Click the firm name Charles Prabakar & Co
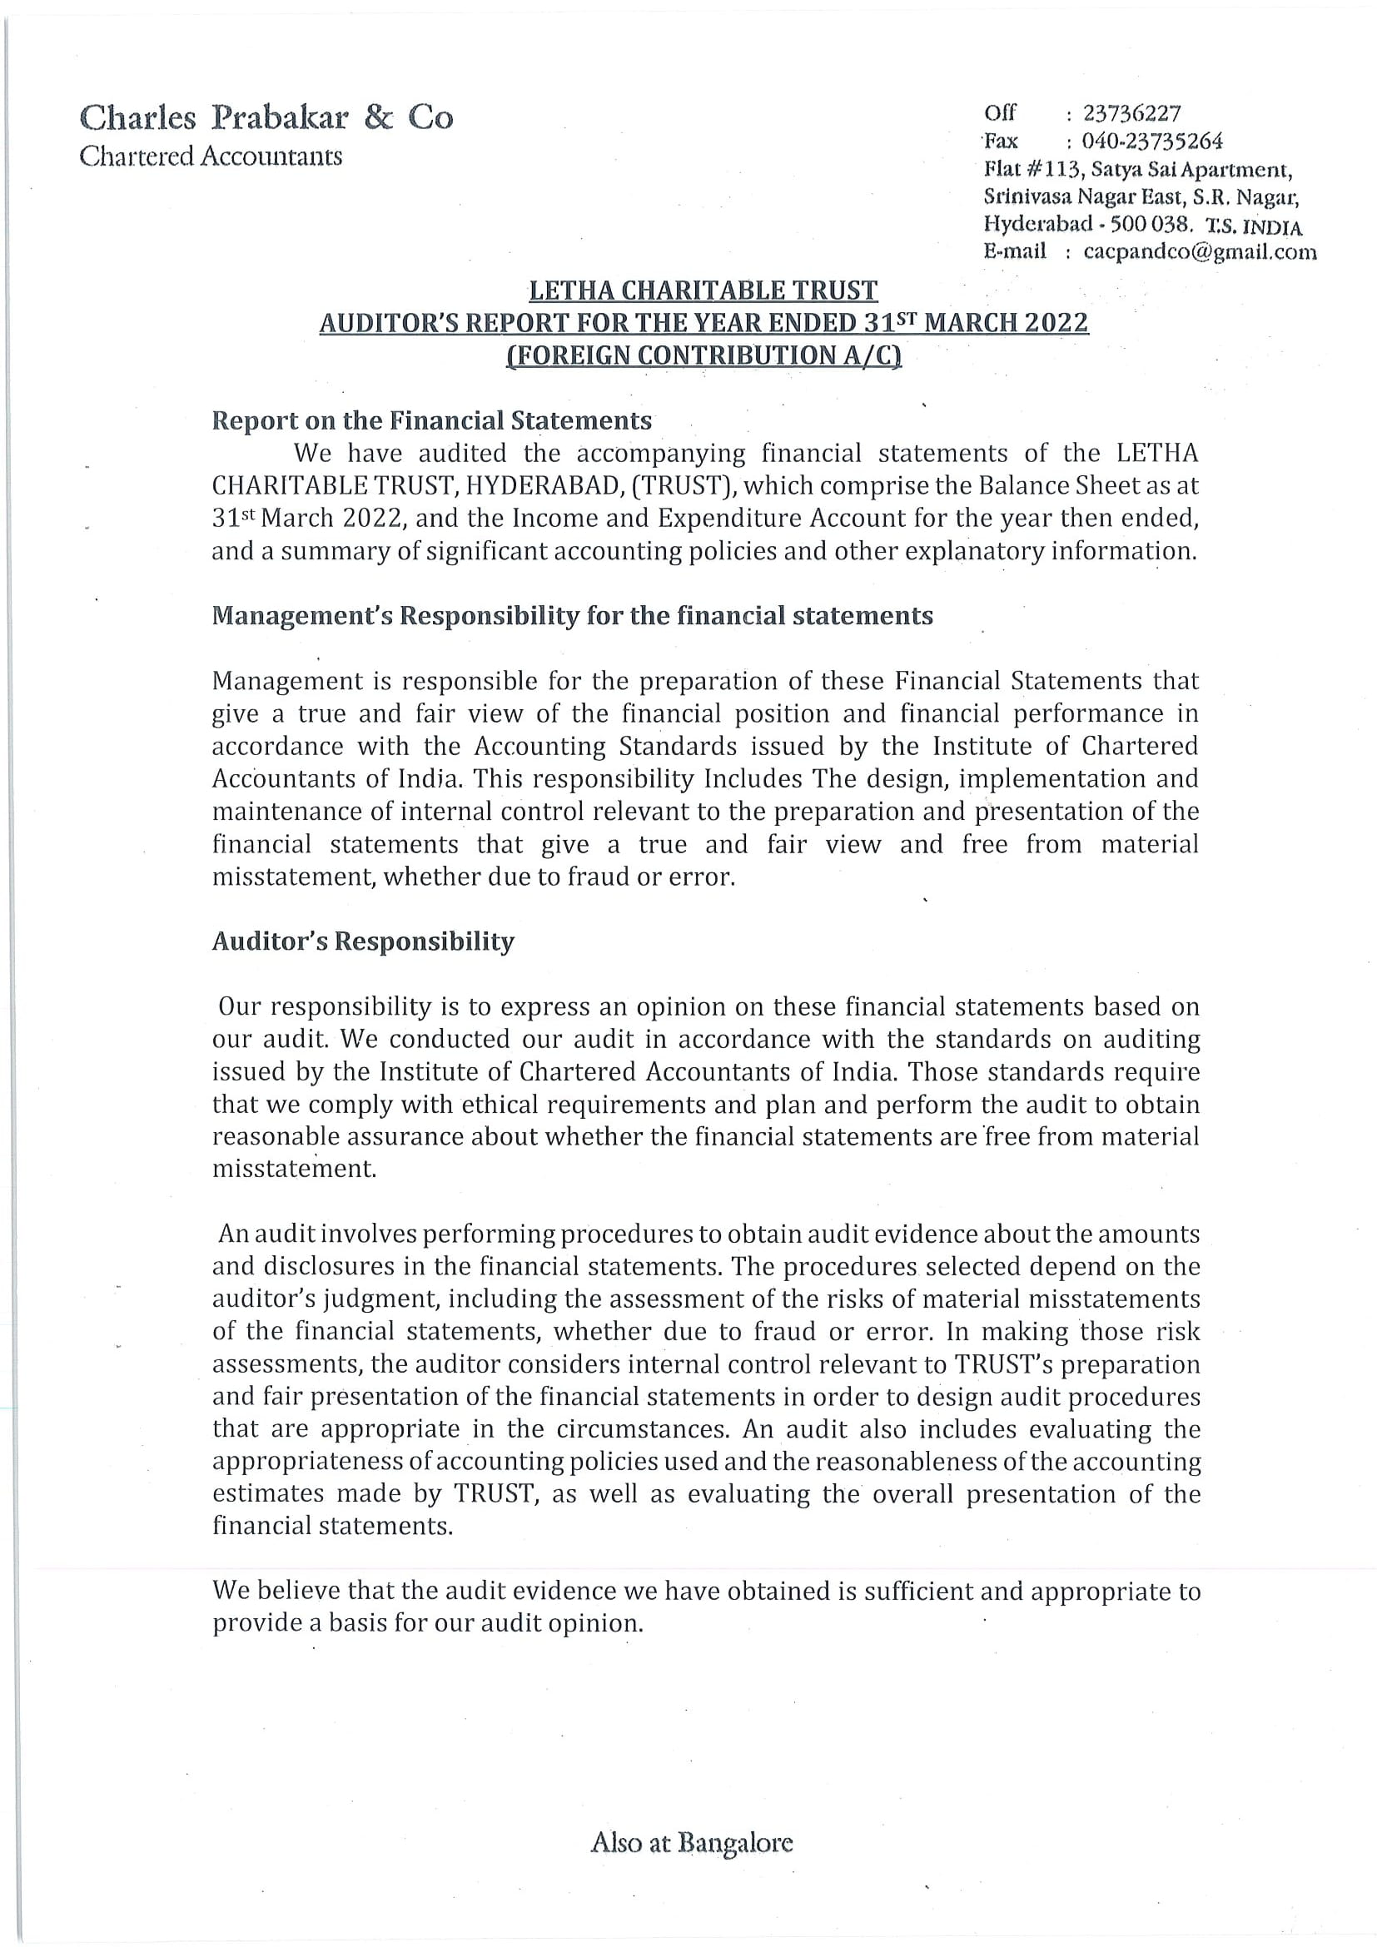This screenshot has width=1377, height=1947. (x=266, y=117)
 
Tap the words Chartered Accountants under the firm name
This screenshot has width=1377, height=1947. (x=211, y=156)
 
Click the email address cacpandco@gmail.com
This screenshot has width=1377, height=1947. (x=1200, y=252)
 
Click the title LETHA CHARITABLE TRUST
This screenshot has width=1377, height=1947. (x=703, y=291)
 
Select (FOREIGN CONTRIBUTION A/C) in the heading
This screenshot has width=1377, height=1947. (x=703, y=355)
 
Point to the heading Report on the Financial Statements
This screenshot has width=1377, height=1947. (x=431, y=420)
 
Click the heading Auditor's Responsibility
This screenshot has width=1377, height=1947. (x=363, y=941)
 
